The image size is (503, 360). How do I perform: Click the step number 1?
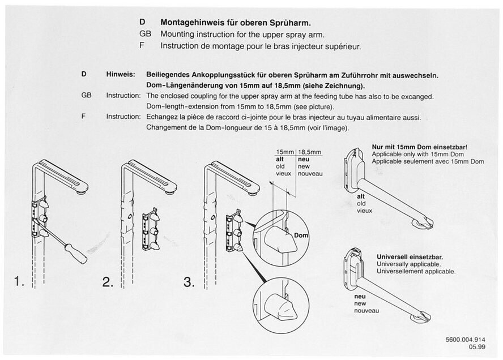click(18, 282)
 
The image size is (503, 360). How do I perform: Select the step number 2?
click(108, 282)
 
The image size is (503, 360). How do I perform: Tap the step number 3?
click(189, 282)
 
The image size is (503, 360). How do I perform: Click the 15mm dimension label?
click(284, 152)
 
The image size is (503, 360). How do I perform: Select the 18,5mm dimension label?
click(309, 152)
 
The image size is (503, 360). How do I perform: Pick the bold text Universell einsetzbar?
click(410, 257)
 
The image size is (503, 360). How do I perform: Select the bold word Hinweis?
click(120, 75)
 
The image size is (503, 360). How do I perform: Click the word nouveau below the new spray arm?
click(366, 311)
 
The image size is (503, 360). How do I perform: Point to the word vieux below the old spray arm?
click(364, 211)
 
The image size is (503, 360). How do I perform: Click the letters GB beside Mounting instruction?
click(145, 34)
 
